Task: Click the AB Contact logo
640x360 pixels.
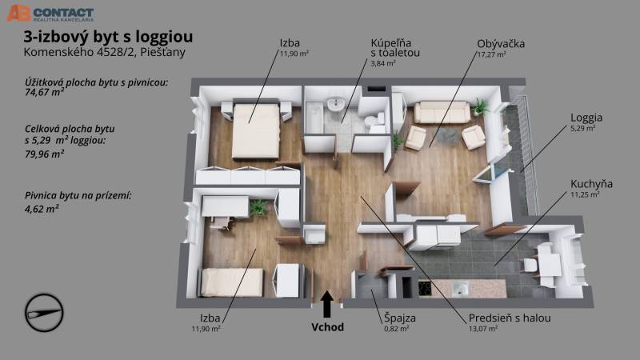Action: [x=50, y=14]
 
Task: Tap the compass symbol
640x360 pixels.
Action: [x=44, y=313]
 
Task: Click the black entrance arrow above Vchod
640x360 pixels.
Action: [x=326, y=304]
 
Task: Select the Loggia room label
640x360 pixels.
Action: [x=586, y=118]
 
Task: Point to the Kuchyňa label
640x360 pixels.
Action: [x=591, y=184]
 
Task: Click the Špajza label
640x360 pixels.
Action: [x=399, y=318]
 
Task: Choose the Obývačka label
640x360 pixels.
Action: [x=501, y=44]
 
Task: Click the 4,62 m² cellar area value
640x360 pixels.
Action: [x=42, y=209]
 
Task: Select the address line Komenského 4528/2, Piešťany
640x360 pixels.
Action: [x=105, y=52]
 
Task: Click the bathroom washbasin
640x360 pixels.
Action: [x=336, y=104]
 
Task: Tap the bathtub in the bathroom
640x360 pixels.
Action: [x=314, y=118]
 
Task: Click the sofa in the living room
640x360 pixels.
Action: [x=442, y=112]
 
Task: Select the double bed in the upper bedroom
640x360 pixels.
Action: [x=256, y=130]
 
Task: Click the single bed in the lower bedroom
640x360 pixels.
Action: [x=231, y=282]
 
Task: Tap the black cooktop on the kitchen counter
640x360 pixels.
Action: [x=425, y=289]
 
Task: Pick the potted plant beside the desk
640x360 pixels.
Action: [x=258, y=207]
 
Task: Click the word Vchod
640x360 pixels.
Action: [x=327, y=327]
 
